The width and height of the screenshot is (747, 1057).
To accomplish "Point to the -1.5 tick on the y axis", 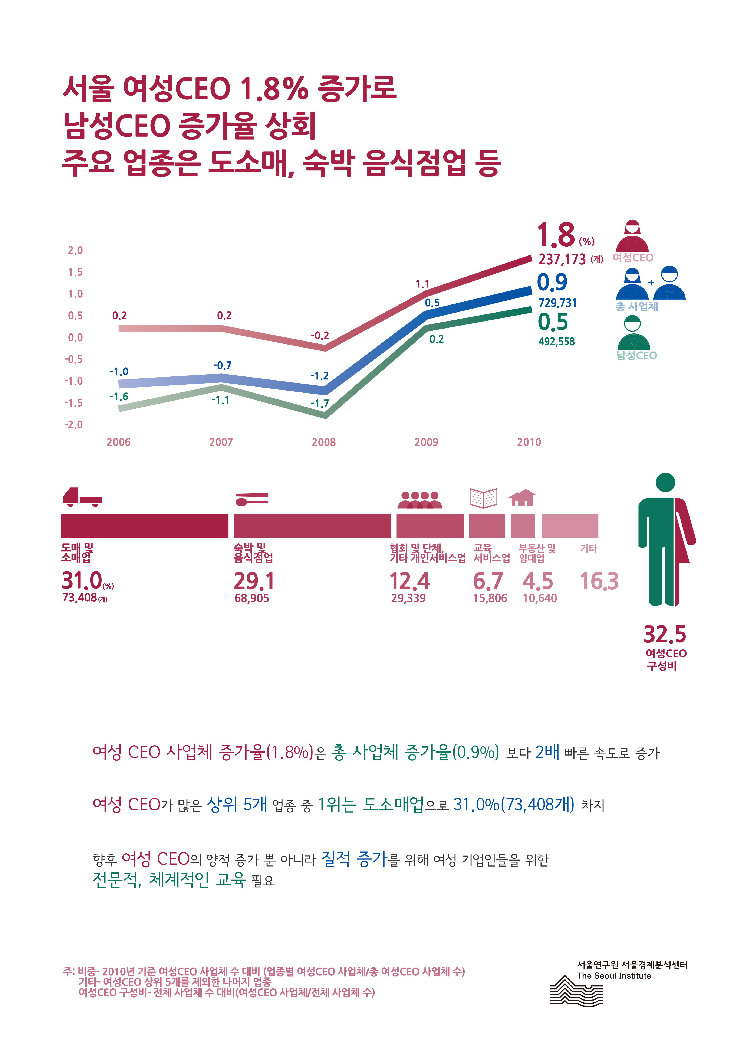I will click(x=74, y=403).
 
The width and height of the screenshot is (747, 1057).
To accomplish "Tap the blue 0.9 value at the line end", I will click(x=552, y=282).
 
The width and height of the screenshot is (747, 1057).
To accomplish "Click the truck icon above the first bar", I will click(x=82, y=497).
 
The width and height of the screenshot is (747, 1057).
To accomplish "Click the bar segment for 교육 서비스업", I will click(x=487, y=526).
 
